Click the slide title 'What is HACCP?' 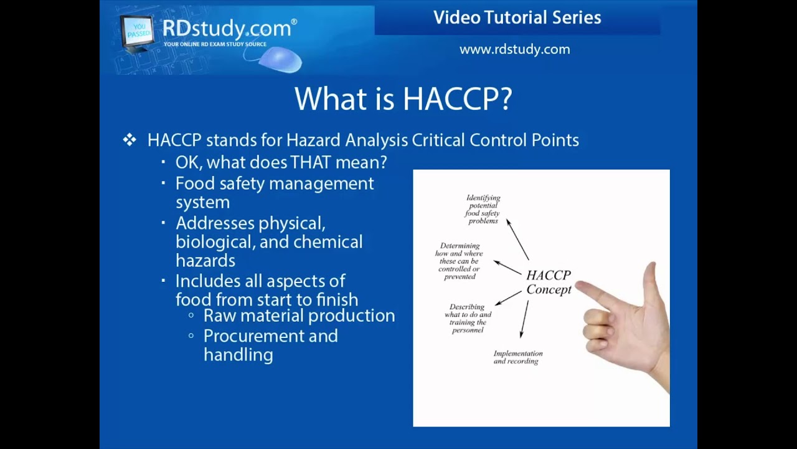[403, 99]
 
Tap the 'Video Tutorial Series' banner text [517, 18]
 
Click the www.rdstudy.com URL [514, 49]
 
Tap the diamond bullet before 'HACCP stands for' [130, 140]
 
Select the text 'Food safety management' [275, 183]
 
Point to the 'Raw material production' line [299, 316]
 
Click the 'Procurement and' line [270, 336]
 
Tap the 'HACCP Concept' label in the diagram [548, 282]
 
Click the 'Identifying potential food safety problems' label [483, 209]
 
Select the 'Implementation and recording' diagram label [517, 357]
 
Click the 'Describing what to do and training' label [468, 318]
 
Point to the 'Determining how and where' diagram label [460, 261]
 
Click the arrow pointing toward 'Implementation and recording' [524, 319]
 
